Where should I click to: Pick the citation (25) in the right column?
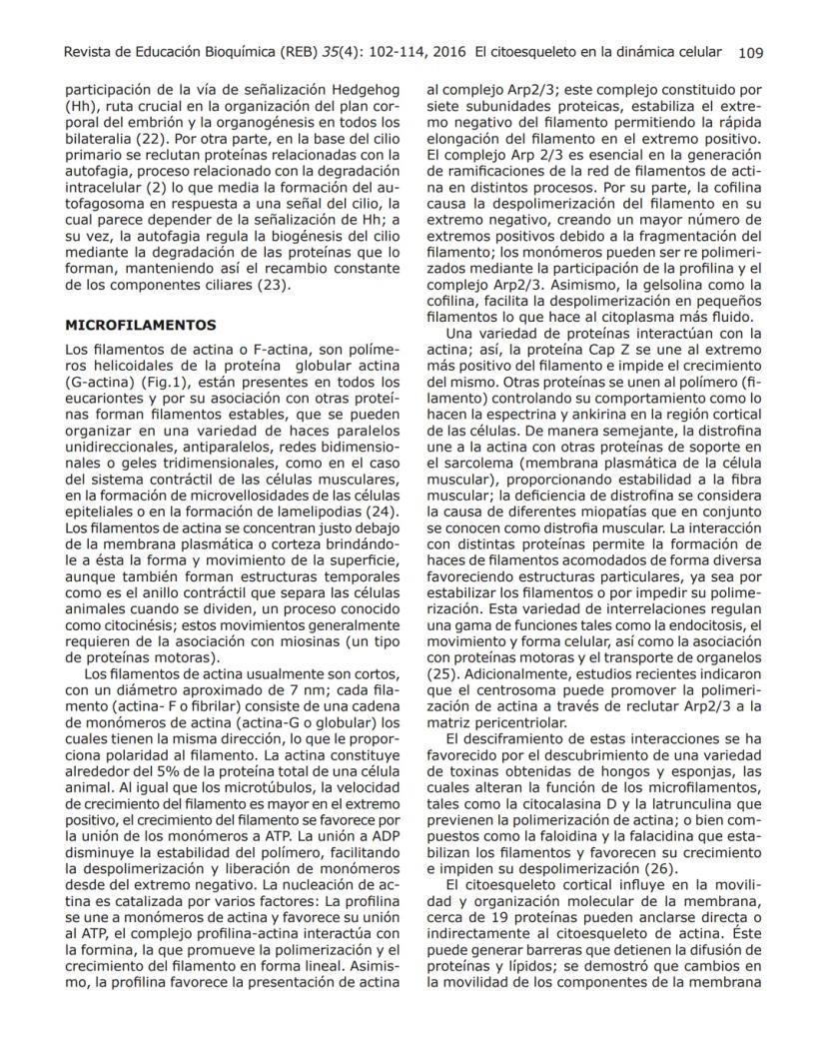[441, 674]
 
